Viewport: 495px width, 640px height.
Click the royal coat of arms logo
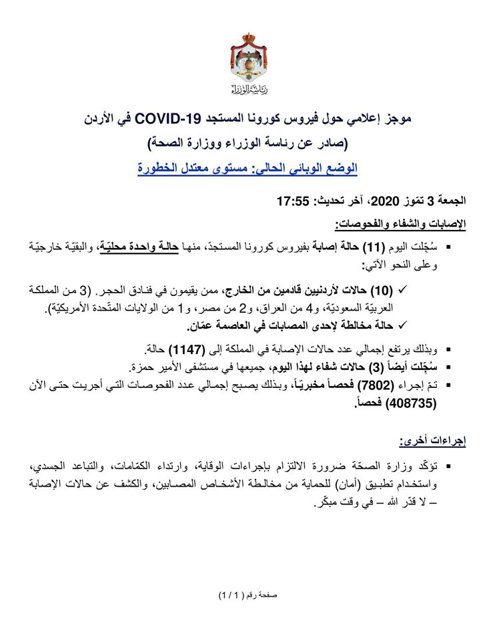[247, 63]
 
